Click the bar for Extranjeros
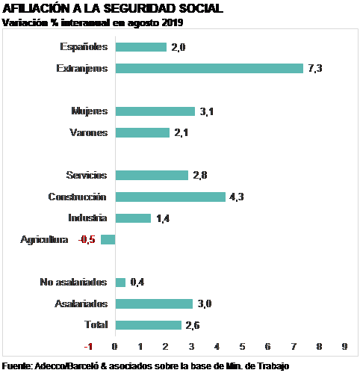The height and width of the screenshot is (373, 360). pos(209,69)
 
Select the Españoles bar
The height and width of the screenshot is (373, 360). pos(141,47)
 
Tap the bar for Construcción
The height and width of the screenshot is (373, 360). pos(170,197)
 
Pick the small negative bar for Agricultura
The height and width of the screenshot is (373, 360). pos(108,239)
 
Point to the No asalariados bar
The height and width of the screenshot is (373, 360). pos(120,283)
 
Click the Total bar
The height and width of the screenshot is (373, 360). pos(149,325)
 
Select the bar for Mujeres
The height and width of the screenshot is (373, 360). pos(155,111)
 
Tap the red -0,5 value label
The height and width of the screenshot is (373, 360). pos(87,240)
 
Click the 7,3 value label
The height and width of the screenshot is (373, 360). pos(315,68)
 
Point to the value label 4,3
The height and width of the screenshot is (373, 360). pos(237,197)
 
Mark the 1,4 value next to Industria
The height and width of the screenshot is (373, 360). pos(163,218)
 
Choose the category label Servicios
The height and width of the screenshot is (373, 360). pos(87,175)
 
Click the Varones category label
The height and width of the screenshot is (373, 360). pos(89,132)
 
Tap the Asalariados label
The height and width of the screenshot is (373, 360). pos(81,303)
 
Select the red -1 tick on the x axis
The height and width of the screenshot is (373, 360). pos(88,346)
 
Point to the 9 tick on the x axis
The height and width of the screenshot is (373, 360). pos(345,346)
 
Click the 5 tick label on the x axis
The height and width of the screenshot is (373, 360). pos(242,346)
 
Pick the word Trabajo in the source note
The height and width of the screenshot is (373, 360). pos(273,366)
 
